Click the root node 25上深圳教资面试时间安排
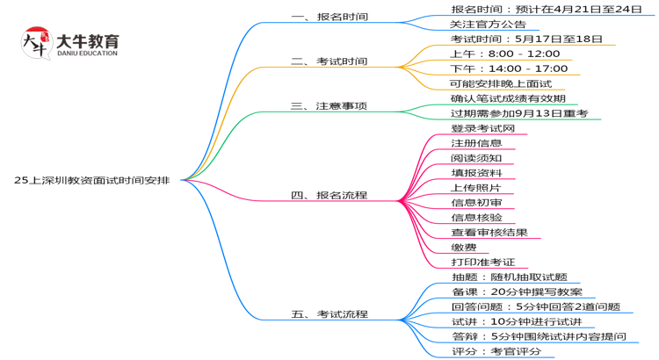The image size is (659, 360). (97, 179)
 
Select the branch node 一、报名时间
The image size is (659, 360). (329, 17)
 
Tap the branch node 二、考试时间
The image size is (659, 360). (329, 61)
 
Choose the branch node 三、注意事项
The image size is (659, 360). (329, 106)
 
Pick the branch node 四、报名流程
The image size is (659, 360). (329, 195)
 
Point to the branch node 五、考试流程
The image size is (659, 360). (329, 313)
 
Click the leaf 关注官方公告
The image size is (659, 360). (488, 25)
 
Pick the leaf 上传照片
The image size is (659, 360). (475, 188)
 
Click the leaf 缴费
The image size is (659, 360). (463, 247)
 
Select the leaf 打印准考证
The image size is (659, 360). (482, 262)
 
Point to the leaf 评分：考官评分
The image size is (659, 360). (496, 351)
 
